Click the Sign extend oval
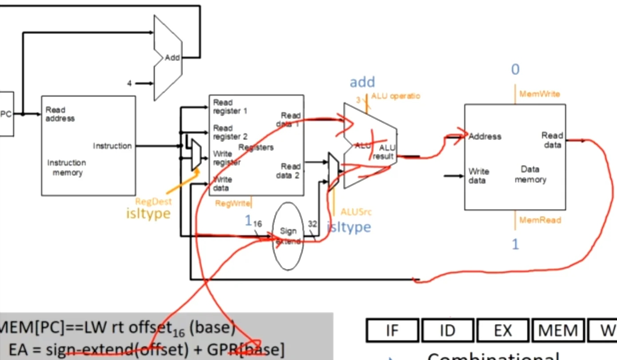288,236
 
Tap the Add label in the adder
172,58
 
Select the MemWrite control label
539,94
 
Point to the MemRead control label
540,220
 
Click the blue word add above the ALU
362,82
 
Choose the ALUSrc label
356,212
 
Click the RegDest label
153,202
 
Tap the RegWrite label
232,204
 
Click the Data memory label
530,174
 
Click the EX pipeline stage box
502,331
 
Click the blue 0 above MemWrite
515,70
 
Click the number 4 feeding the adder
130,83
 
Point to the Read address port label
60,114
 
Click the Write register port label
227,158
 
